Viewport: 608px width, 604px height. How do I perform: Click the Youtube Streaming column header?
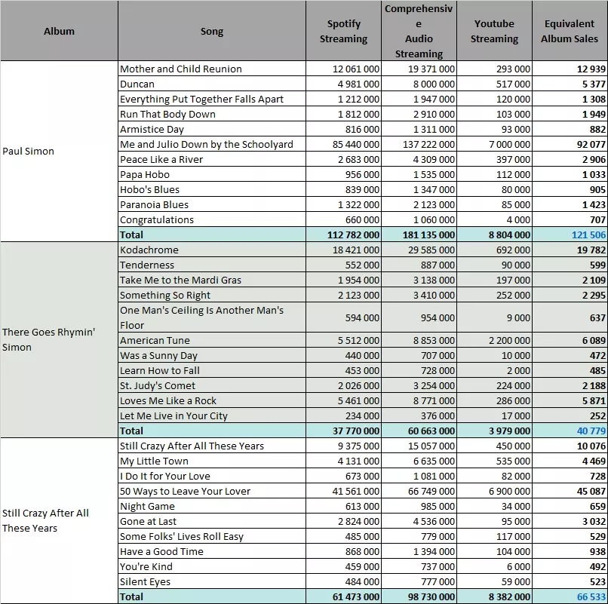[494, 31]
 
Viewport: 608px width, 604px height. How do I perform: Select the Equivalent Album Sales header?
[570, 31]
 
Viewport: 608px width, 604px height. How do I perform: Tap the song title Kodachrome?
[149, 250]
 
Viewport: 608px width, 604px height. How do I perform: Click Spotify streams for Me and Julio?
[356, 144]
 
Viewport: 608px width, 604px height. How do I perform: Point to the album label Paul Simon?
[29, 152]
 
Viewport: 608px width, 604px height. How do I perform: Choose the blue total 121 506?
[588, 235]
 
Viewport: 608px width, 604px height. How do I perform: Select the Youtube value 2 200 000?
[509, 340]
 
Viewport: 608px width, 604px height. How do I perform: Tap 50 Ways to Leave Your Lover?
[185, 491]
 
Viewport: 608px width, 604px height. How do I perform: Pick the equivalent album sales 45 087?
[591, 491]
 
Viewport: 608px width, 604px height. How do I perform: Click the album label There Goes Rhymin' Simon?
[48, 339]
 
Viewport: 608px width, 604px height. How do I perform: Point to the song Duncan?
[137, 84]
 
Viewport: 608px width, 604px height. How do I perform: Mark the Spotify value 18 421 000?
[356, 250]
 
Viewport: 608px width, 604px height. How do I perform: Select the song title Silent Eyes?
[145, 581]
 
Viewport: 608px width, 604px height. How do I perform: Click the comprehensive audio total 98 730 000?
[431, 596]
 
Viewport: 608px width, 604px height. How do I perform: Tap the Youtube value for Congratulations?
[518, 220]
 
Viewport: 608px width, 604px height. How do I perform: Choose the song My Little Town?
[154, 461]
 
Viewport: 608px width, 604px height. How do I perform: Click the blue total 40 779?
[591, 431]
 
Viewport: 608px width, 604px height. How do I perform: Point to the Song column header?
[212, 31]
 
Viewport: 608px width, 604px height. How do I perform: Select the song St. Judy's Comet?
[158, 386]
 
